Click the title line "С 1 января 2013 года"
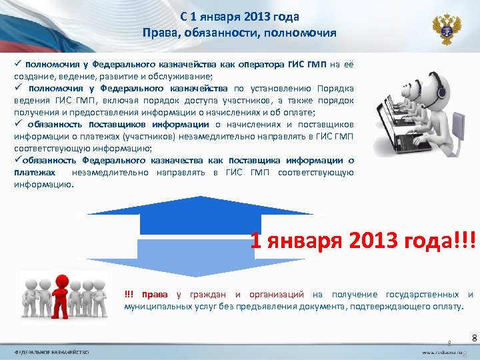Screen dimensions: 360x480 239,17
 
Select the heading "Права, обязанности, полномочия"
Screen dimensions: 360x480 239,33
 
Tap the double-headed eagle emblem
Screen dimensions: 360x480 446,29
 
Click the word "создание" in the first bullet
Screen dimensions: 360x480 33,76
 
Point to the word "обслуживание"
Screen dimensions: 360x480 181,76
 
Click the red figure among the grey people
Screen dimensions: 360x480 63,295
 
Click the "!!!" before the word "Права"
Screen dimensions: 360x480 129,295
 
